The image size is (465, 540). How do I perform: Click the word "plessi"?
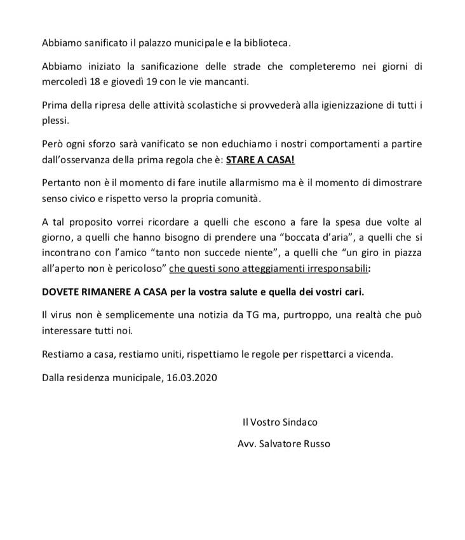point(55,120)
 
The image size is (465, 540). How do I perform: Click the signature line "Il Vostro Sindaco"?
point(280,421)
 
